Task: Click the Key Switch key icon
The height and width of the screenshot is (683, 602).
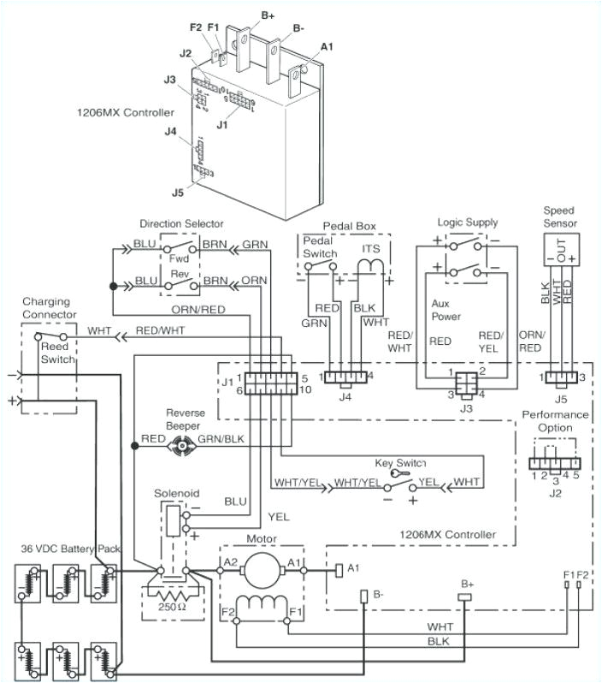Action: pyautogui.click(x=394, y=473)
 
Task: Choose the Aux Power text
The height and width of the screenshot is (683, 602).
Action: pyautogui.click(x=447, y=310)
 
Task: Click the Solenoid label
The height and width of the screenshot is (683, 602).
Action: pyautogui.click(x=176, y=494)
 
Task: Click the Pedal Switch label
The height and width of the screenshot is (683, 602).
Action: pyautogui.click(x=321, y=247)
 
